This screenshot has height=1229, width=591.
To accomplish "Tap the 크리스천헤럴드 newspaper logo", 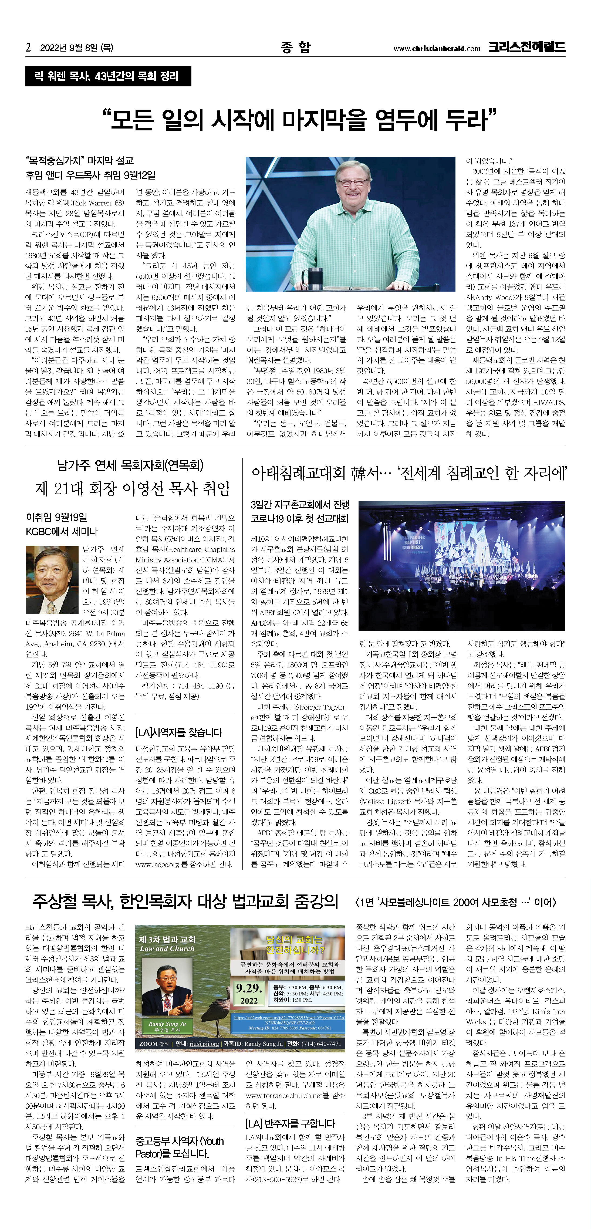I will (x=526, y=47).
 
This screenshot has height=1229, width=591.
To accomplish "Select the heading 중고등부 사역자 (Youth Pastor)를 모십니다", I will (x=179, y=1147).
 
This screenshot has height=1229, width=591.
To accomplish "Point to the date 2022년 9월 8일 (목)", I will (x=76, y=48).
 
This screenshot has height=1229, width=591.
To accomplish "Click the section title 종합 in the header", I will (x=295, y=47).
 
